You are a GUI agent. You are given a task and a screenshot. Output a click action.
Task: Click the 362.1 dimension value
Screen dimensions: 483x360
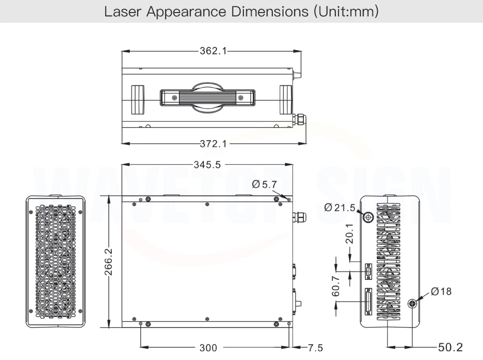(213, 51)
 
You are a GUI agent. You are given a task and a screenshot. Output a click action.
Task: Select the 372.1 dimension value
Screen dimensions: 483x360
(213, 144)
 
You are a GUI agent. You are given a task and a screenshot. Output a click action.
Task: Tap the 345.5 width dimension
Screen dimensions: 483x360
(207, 165)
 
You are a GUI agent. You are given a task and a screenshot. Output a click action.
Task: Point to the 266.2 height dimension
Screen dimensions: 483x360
(108, 262)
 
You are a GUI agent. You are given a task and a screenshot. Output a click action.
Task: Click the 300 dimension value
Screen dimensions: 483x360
(208, 348)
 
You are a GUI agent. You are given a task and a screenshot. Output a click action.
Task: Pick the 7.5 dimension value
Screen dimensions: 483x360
(315, 348)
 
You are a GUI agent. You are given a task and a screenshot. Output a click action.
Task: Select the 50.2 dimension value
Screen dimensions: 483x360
(450, 347)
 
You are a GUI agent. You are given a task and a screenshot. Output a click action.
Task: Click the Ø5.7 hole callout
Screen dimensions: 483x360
(264, 184)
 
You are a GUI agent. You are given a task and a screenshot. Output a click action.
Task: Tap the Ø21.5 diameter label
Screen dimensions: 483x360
(340, 207)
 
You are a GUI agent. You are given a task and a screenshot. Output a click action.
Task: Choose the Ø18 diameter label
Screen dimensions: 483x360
(441, 291)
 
